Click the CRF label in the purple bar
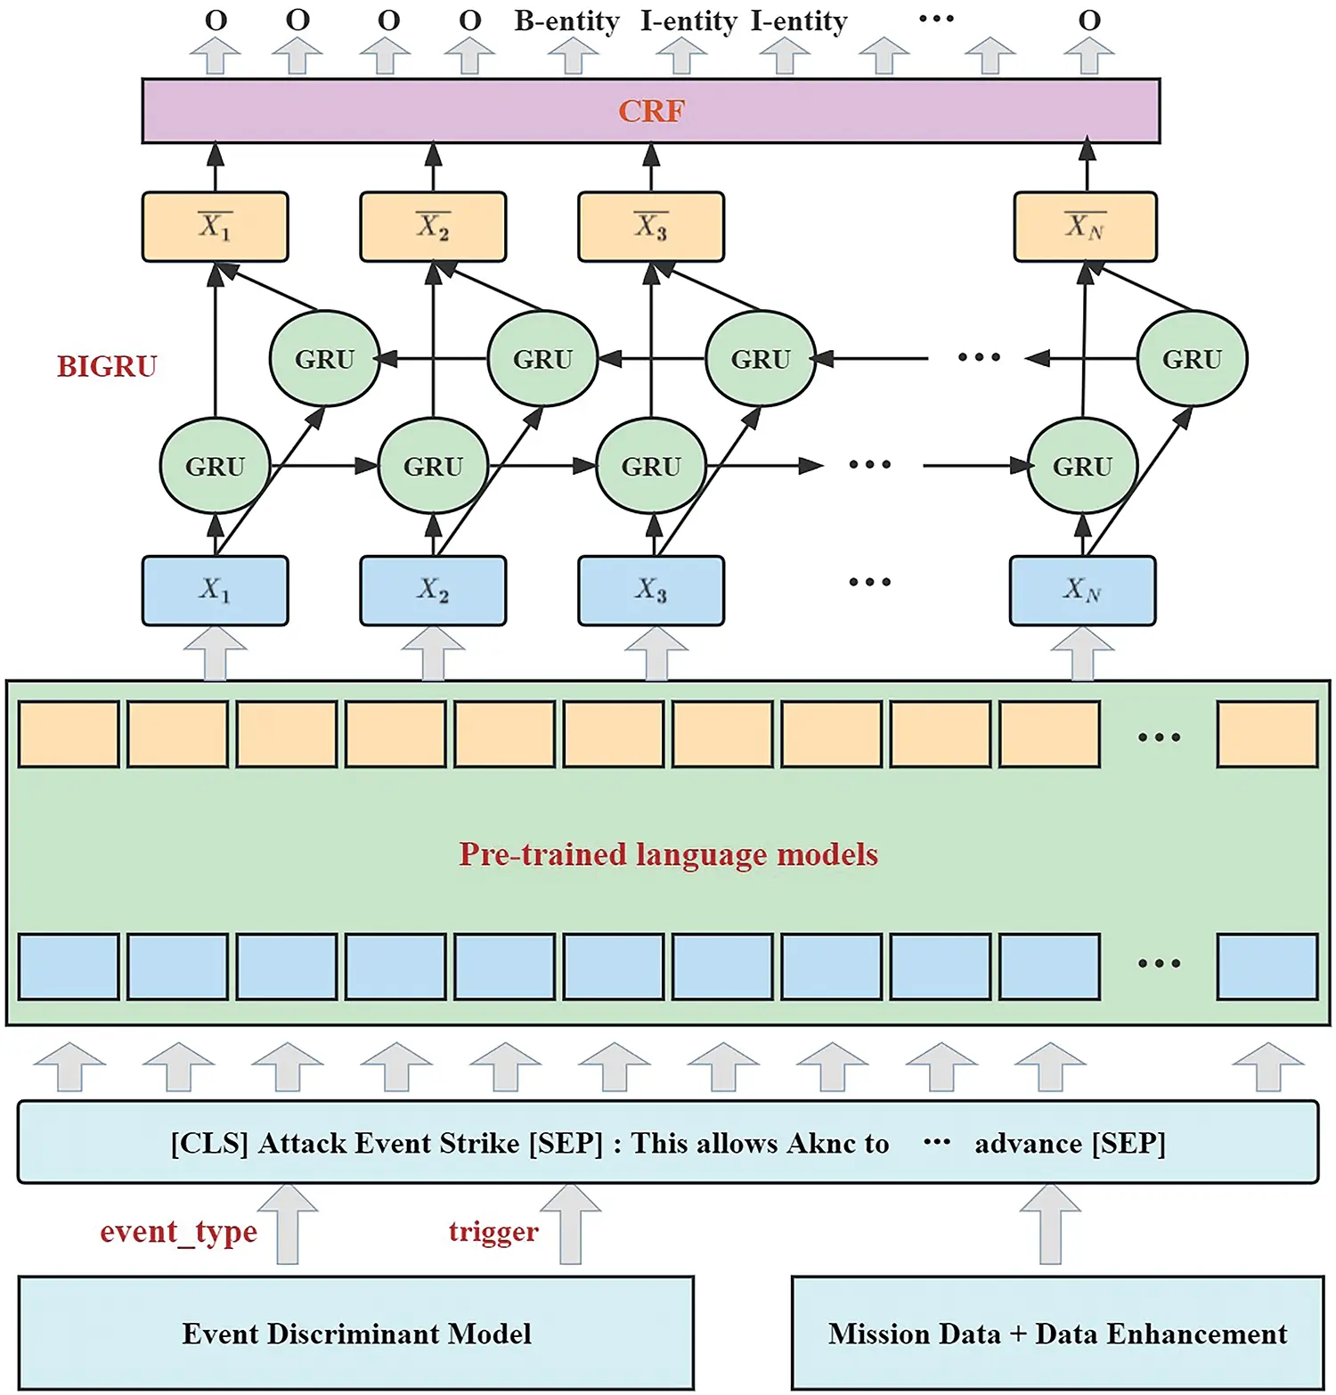(x=651, y=111)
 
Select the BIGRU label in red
(x=107, y=366)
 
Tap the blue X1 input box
(x=215, y=591)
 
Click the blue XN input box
(x=1082, y=591)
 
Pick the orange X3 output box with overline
(x=651, y=226)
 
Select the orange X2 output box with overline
(x=433, y=226)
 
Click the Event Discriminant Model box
(x=356, y=1333)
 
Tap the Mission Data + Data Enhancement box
(x=1057, y=1333)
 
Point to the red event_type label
(x=178, y=1231)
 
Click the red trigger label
(x=493, y=1231)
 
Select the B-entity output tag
(x=566, y=20)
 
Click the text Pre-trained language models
(x=668, y=854)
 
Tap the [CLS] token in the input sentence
(x=209, y=1143)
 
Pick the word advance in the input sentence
(x=1028, y=1143)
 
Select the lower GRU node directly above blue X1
(x=215, y=466)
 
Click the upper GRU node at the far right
(x=1192, y=359)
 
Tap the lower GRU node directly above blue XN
(x=1082, y=466)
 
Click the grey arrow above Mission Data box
(x=1050, y=1224)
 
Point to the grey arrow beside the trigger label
(x=571, y=1224)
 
